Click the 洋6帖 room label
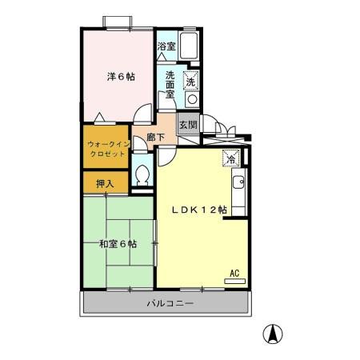pyautogui.click(x=122, y=77)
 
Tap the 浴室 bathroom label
pyautogui.click(x=166, y=47)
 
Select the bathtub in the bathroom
pyautogui.click(x=190, y=47)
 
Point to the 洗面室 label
pyautogui.click(x=171, y=84)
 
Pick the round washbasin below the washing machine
pyautogui.click(x=191, y=98)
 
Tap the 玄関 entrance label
pyautogui.click(x=186, y=125)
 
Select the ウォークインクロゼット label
pyautogui.click(x=104, y=147)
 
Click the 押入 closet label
pyautogui.click(x=105, y=183)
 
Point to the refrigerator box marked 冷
pyautogui.click(x=230, y=158)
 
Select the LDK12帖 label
pyautogui.click(x=200, y=210)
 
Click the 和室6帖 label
pyautogui.click(x=116, y=243)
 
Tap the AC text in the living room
pyautogui.click(x=234, y=273)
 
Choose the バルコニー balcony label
pyautogui.click(x=170, y=304)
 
